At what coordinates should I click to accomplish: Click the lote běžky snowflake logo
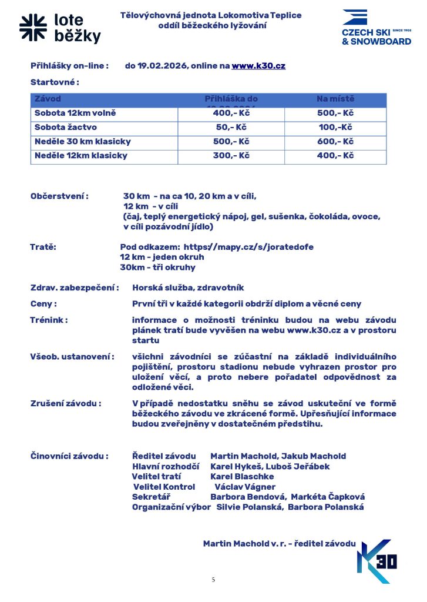click(32, 28)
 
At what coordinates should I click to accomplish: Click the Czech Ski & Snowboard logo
click(376, 28)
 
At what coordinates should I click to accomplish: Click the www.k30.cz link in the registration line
click(258, 66)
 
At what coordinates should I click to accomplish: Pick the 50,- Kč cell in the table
click(231, 128)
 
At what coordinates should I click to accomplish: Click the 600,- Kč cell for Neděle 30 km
click(335, 142)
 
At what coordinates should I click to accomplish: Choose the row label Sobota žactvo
click(66, 128)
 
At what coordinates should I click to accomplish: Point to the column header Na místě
click(335, 99)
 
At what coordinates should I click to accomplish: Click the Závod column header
click(48, 99)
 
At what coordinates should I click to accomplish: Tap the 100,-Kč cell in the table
click(335, 128)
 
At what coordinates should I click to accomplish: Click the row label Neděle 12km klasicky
click(81, 156)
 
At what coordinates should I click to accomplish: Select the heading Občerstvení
click(59, 196)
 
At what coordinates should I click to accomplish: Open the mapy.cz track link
click(248, 248)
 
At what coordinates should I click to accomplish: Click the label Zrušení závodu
click(66, 403)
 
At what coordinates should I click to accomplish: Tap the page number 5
click(213, 580)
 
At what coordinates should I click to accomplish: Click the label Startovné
click(55, 82)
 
